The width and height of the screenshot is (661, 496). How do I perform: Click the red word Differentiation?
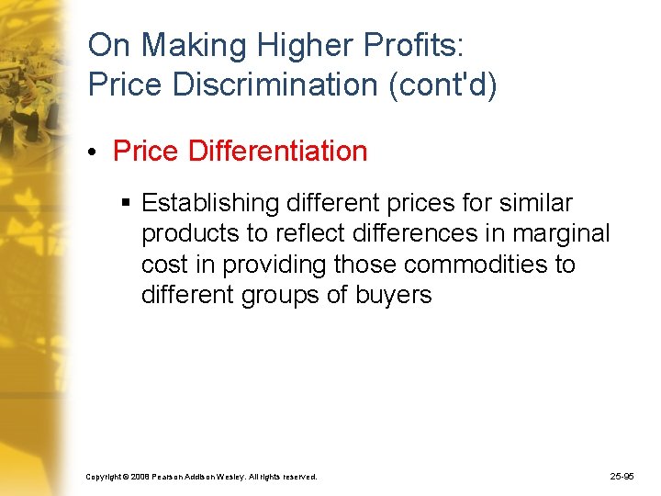coord(277,151)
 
